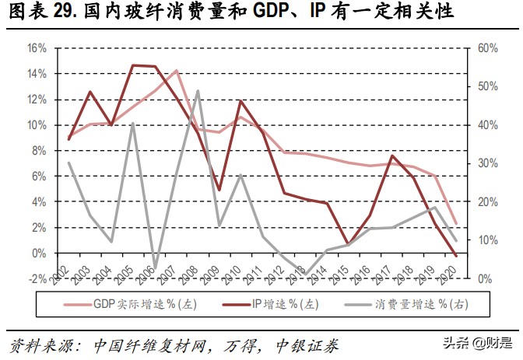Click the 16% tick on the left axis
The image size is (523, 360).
pos(37,47)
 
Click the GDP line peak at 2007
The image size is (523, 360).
pos(177,71)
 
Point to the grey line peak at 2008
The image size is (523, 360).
pos(198,91)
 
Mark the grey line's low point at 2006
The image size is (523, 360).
pos(155,268)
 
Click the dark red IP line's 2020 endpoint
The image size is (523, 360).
pos(456,255)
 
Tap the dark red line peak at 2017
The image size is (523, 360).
pos(391,156)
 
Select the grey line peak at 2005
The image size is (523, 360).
pos(134,123)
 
